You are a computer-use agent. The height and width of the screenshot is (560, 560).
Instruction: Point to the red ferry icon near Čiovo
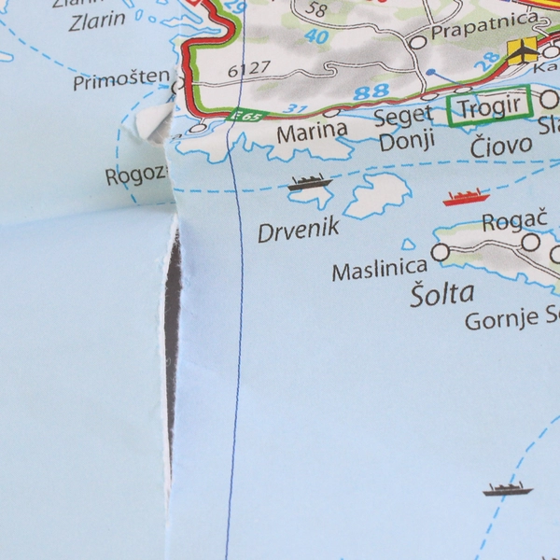point(466,197)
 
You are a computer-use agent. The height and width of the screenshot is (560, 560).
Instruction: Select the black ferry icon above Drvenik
point(309,182)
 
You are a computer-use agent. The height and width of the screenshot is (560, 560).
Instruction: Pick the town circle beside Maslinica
point(441,251)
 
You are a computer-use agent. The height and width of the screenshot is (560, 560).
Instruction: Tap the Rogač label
point(507,223)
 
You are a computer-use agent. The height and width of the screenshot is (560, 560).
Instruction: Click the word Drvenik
point(298,231)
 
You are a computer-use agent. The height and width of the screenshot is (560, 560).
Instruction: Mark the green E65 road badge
point(247,116)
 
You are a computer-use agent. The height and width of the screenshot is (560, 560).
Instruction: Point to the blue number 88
point(371,91)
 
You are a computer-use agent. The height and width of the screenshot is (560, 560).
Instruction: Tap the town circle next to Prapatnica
point(417,41)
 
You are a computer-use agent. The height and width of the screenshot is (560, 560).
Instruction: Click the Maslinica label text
point(380,272)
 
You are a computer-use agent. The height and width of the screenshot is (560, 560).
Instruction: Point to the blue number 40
point(317,37)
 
